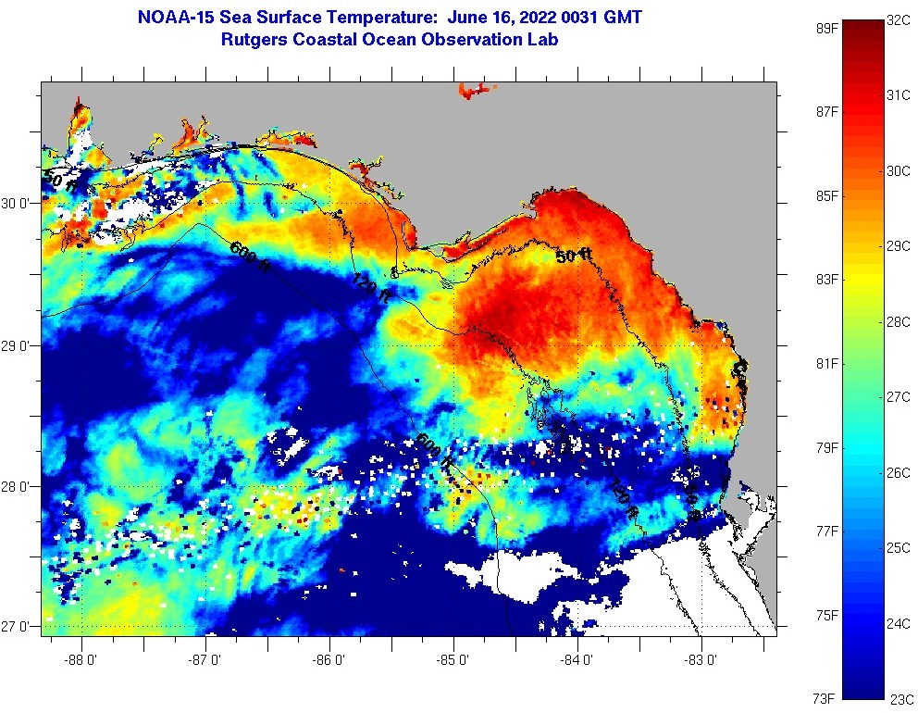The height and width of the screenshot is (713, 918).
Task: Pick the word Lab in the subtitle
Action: click(x=543, y=40)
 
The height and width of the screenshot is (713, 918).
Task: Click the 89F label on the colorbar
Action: click(x=827, y=29)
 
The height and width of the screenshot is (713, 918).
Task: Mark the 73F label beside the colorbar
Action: click(x=827, y=698)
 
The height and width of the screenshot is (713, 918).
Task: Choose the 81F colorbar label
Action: click(x=827, y=363)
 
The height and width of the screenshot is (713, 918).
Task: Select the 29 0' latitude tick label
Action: click(x=19, y=345)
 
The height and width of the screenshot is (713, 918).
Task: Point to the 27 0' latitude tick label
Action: click(x=19, y=627)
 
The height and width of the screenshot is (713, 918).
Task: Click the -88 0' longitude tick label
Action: click(x=82, y=660)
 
